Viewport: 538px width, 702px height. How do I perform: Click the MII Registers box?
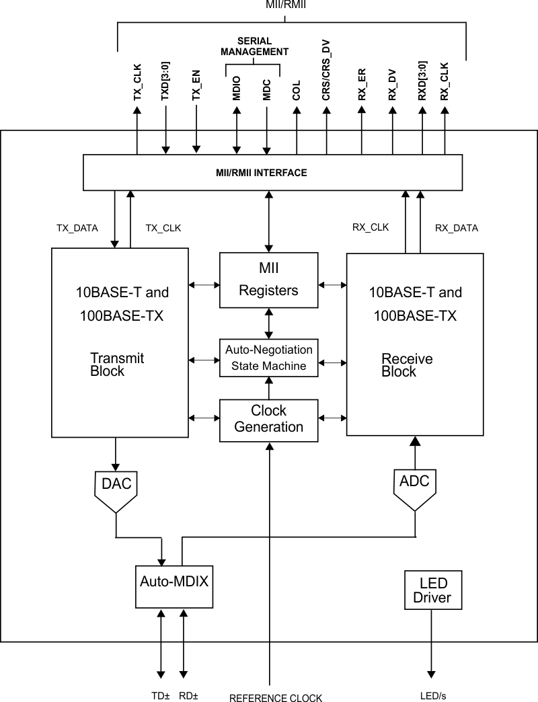269,280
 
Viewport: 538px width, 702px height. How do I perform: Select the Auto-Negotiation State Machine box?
269,358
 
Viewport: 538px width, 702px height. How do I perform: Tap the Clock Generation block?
269,419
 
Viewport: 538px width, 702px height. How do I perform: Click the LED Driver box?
432,590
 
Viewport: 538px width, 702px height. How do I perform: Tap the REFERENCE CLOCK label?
276,697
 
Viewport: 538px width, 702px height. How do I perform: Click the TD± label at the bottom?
159,696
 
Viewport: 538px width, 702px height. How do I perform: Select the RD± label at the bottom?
188,696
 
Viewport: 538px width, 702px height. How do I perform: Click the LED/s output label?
432,696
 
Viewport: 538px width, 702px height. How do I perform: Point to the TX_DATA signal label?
77,228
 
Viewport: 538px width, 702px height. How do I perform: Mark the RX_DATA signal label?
457,228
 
